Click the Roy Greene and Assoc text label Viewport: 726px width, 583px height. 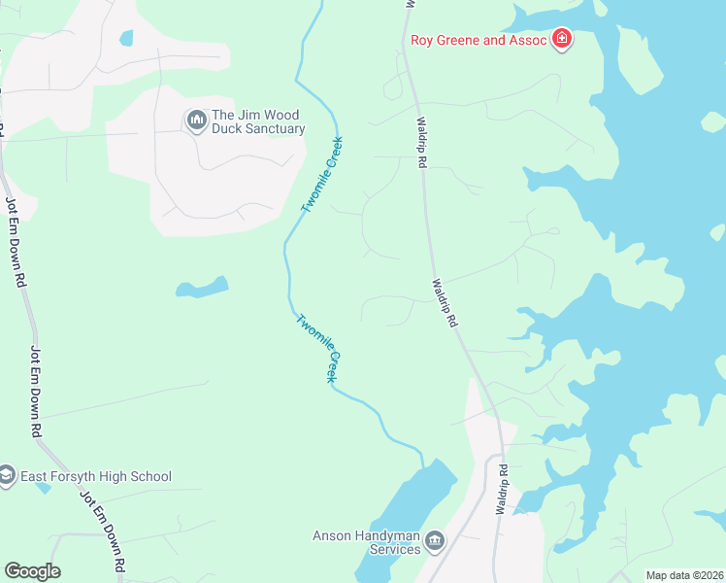coord(478,40)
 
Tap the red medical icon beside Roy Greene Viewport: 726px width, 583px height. coord(561,40)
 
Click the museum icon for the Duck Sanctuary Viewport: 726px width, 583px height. coord(196,120)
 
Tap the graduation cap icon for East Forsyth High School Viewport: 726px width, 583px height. coord(7,476)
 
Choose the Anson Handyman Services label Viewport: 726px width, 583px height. coord(366,542)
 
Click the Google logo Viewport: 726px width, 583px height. coord(32,571)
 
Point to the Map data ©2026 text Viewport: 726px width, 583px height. coord(683,575)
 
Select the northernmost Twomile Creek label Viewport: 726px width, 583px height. coord(322,175)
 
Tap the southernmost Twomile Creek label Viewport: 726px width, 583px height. coord(319,348)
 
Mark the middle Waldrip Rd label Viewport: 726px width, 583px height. coord(444,303)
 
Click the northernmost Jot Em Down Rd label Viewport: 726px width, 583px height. coord(16,242)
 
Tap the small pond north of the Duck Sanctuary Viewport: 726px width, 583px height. coord(126,39)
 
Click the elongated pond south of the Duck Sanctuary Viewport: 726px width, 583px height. coord(202,288)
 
